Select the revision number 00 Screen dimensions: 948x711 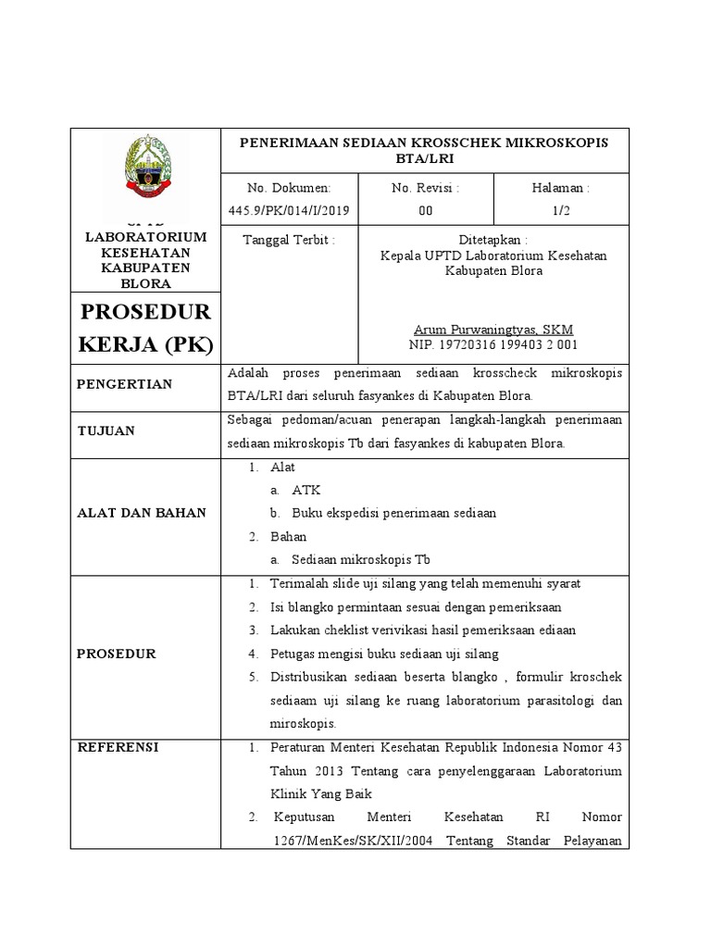click(x=425, y=210)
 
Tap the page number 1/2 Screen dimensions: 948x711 click(x=561, y=210)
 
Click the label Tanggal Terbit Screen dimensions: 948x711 click(x=288, y=239)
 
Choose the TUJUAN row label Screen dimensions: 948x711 click(x=106, y=430)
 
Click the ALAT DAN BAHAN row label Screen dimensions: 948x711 click(x=142, y=513)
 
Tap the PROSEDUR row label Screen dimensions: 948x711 click(x=116, y=654)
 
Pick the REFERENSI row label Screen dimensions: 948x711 click(x=118, y=747)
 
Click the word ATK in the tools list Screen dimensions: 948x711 click(x=306, y=490)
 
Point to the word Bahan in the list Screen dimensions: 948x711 click(x=288, y=536)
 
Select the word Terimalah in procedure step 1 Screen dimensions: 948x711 click(x=297, y=583)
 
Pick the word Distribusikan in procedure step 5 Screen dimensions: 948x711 click(x=311, y=677)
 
